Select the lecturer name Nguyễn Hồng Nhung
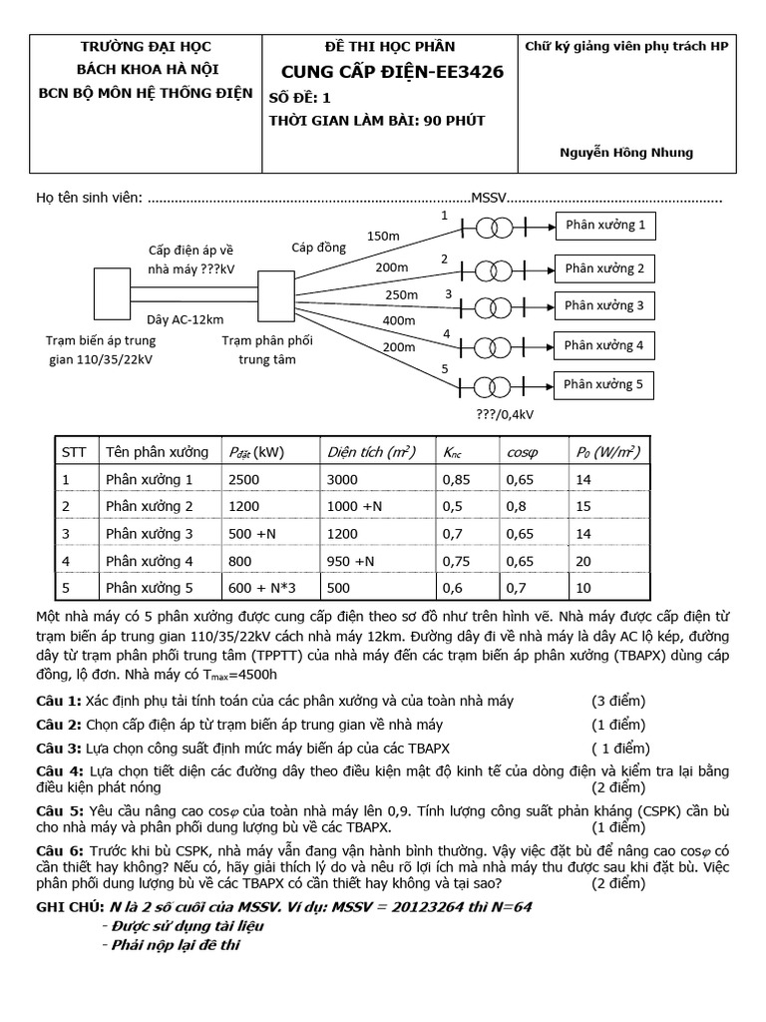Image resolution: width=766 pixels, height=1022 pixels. coord(626,153)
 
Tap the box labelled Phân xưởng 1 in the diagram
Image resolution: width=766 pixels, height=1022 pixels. coord(604,226)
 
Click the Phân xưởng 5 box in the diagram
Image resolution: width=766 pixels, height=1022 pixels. coord(604,384)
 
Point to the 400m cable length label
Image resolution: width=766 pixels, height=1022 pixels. coord(398,320)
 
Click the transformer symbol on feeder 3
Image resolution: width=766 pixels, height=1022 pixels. coord(490,306)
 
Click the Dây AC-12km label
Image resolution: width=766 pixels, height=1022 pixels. coord(179,318)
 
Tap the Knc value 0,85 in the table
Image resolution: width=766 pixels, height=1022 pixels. coord(458,480)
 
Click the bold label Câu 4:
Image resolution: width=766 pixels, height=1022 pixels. coord(59,771)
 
